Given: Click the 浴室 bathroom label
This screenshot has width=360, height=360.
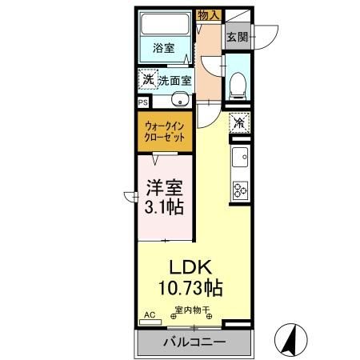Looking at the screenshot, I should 164,48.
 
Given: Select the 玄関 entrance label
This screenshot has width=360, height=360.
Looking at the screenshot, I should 236,37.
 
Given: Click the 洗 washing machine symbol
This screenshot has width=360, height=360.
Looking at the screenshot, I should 146,78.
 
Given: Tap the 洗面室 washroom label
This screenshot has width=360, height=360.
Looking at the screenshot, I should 174,80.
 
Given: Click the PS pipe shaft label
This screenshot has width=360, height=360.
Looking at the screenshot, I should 142,102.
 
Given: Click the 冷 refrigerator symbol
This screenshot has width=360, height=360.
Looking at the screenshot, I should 238,123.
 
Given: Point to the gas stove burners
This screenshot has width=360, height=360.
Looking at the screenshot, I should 238,190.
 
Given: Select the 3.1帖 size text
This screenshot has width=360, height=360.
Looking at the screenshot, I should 165,209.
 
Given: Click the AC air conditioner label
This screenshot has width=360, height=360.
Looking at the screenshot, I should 148,315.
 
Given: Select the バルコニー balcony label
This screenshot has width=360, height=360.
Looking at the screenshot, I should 194,342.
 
